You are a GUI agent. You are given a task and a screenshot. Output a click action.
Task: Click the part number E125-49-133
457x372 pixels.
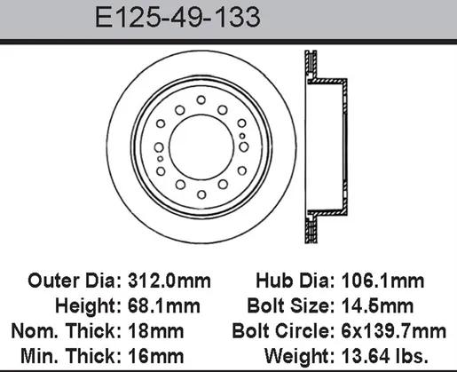[x=177, y=17]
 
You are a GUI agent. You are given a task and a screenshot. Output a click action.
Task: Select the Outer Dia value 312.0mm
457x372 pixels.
[x=169, y=281]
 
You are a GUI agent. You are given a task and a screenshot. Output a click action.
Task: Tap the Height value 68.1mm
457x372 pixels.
[x=164, y=305]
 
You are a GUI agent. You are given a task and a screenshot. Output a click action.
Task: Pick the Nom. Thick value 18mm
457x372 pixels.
[x=155, y=331]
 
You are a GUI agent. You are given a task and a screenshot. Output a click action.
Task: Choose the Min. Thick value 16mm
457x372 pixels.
[x=155, y=356]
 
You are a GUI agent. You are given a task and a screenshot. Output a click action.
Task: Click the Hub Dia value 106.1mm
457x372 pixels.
[x=382, y=281]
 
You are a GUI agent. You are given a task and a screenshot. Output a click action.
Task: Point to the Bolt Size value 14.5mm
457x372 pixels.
[x=377, y=305]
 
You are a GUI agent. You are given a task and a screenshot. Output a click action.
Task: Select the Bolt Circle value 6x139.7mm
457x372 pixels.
[x=394, y=331]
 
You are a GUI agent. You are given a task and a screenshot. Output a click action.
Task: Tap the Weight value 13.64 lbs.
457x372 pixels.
[x=385, y=356]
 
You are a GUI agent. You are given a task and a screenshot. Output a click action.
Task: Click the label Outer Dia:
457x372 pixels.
[x=75, y=281]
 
